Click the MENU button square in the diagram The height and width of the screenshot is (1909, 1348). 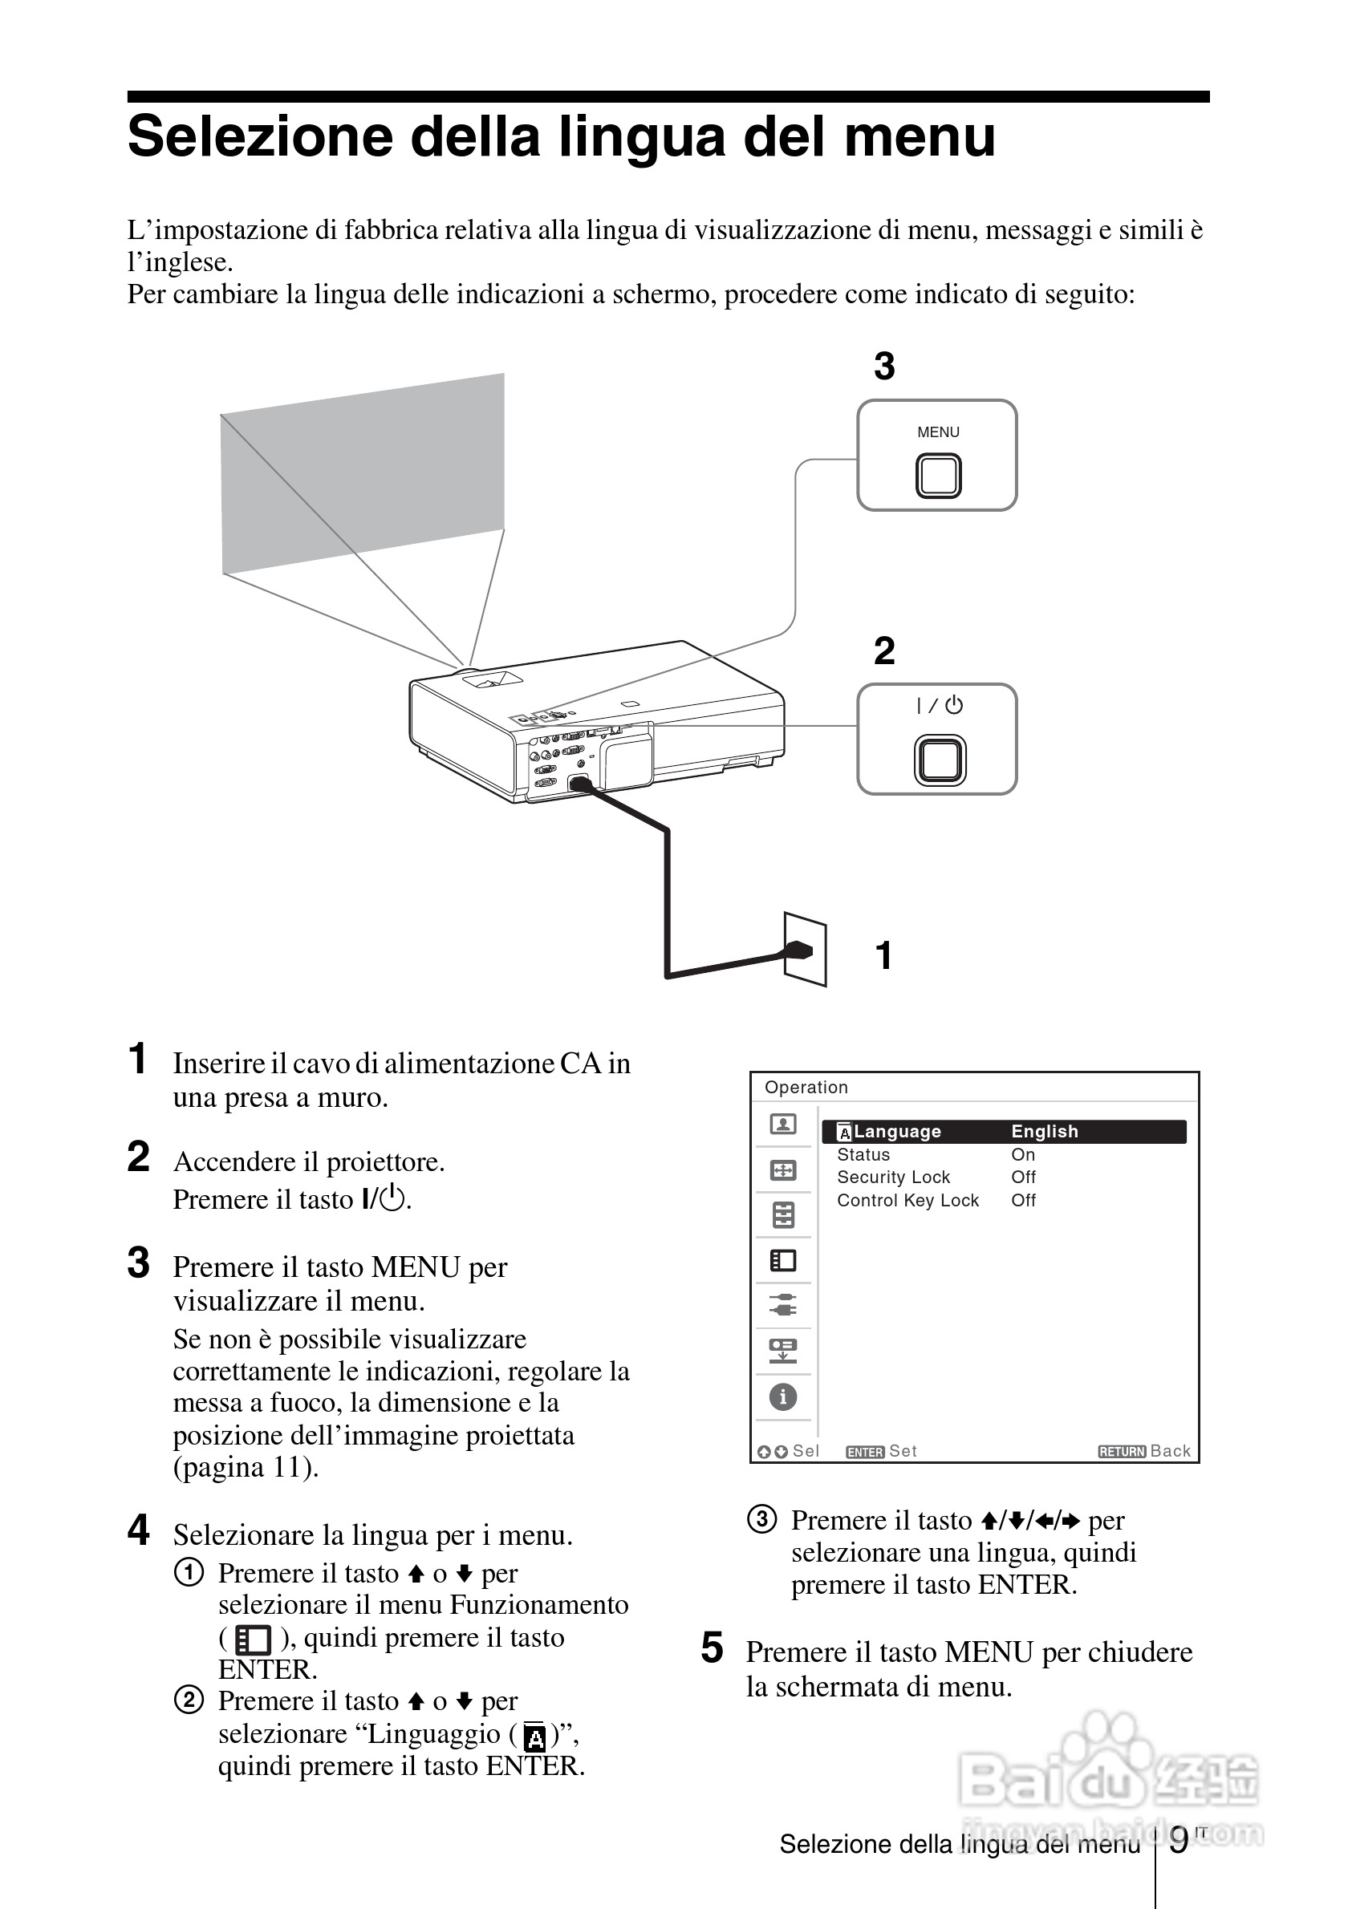(938, 476)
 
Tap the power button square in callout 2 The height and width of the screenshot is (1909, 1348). (940, 760)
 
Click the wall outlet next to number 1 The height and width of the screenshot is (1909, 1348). (806, 950)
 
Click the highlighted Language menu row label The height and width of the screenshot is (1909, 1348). (896, 1132)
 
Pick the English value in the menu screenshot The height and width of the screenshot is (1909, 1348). (1045, 1132)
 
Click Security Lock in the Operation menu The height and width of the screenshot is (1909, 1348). (893, 1177)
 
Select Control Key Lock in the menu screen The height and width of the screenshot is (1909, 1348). (907, 1201)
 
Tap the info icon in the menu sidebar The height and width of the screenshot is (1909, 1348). (782, 1396)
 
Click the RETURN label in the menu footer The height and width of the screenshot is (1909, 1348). (1122, 1452)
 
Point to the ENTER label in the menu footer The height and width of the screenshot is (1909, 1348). (865, 1452)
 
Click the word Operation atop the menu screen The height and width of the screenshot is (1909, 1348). (806, 1088)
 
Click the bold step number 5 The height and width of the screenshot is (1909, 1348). (712, 1649)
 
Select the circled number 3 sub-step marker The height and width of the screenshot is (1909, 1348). (761, 1519)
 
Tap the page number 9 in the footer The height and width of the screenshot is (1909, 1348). (1179, 1841)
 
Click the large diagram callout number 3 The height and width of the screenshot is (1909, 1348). (884, 366)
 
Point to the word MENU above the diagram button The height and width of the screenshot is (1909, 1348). (938, 432)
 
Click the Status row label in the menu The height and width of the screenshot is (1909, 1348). (863, 1155)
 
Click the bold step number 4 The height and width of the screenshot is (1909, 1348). (138, 1530)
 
